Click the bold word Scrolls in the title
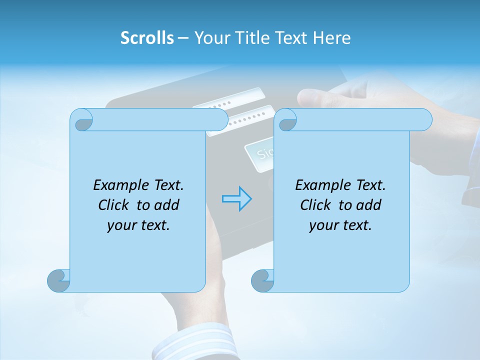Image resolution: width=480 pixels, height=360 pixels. (x=147, y=38)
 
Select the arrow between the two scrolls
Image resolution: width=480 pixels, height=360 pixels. (x=236, y=198)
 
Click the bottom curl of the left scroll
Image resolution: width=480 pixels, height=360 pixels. (x=59, y=280)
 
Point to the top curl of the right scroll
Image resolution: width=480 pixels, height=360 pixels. (x=287, y=120)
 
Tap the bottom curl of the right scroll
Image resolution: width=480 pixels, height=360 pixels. (x=262, y=280)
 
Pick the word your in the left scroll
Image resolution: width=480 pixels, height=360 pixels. (x=120, y=225)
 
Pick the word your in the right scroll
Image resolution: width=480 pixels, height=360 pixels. (x=322, y=225)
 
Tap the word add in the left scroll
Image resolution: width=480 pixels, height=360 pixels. (x=165, y=205)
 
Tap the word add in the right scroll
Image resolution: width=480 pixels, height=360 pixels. (x=367, y=205)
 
